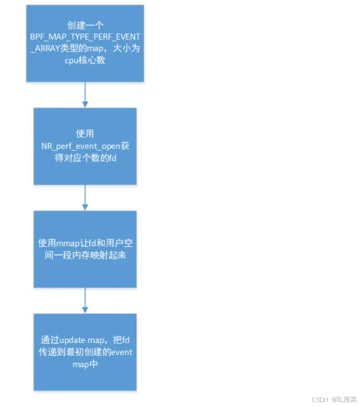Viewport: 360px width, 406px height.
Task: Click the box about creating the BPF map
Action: (x=85, y=43)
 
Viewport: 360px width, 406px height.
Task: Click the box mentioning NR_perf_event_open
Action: (x=85, y=146)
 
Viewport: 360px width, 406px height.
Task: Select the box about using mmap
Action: (x=85, y=249)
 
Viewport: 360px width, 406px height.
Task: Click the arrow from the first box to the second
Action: (x=85, y=94)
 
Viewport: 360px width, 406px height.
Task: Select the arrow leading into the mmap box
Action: (x=85, y=198)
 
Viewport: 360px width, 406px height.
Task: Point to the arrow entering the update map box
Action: (x=85, y=301)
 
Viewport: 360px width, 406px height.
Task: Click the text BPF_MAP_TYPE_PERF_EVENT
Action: (x=85, y=36)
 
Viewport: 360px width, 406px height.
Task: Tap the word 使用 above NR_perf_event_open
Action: (x=85, y=133)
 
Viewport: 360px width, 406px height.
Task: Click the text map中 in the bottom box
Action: (x=85, y=364)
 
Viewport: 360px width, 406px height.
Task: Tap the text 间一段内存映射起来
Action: (x=85, y=256)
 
